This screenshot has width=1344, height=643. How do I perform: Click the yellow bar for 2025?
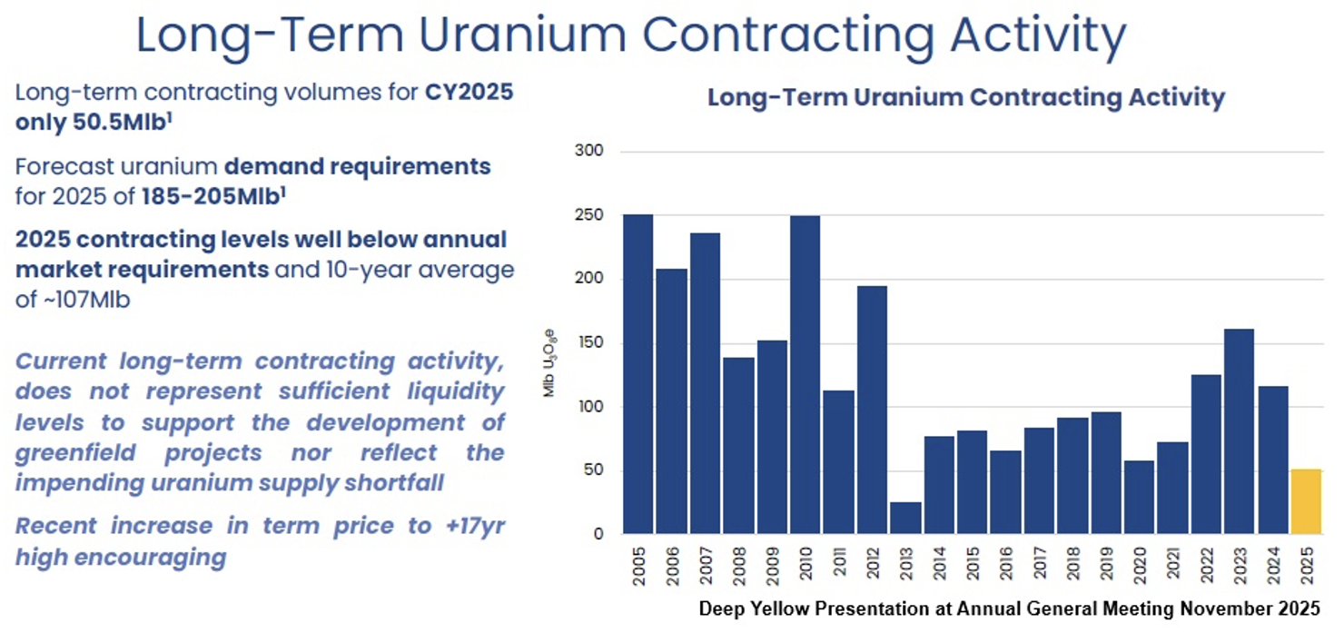point(1306,501)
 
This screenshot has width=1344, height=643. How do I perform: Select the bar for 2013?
point(905,518)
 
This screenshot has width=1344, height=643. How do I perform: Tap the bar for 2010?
point(805,374)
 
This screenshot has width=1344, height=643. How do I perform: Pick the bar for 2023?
point(1239,431)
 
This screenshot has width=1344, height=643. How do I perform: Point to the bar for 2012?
point(872,410)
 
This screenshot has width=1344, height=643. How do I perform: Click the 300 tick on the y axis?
point(589,152)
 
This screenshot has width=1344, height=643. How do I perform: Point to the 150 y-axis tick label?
point(589,343)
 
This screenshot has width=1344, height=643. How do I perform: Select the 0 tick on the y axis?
point(598,535)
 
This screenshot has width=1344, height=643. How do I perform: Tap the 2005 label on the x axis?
point(638,566)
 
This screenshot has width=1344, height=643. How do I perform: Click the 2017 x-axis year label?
point(1038,566)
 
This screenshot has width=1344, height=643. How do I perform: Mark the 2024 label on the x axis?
point(1272,566)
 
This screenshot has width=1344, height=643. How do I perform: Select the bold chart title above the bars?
point(966,98)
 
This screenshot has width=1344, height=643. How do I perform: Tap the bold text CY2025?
point(469,92)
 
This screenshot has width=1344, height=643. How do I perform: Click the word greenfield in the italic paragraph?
point(74,452)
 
